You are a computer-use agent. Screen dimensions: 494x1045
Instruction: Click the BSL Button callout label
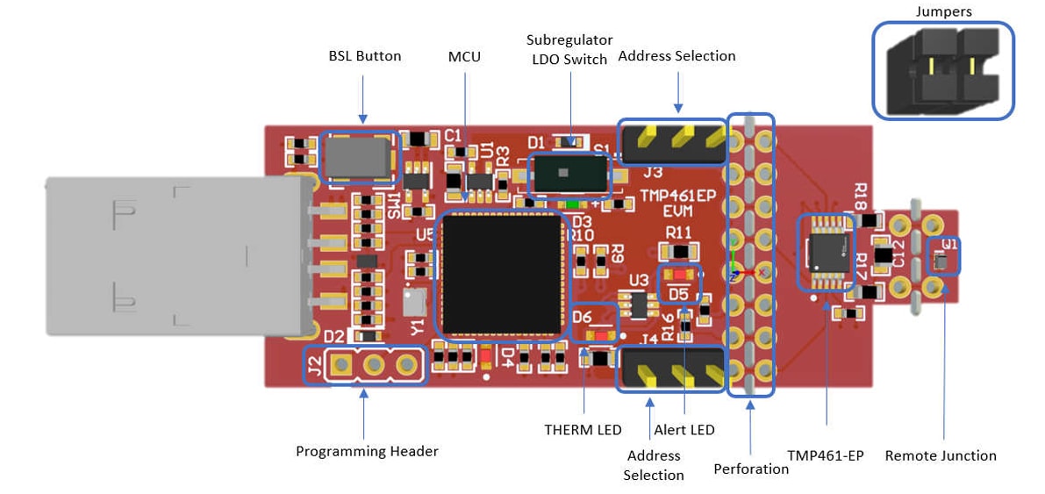[364, 56]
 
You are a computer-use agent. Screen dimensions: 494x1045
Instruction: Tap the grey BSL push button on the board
[358, 158]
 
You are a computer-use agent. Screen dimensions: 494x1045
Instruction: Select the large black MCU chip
[502, 275]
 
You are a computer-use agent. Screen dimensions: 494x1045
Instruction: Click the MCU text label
[464, 56]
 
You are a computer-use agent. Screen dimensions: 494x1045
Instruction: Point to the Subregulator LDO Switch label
[569, 49]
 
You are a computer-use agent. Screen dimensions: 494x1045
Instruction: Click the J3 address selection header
[673, 140]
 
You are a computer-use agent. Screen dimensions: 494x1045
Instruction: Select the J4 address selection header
[673, 369]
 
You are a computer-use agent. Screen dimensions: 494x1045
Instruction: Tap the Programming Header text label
[367, 451]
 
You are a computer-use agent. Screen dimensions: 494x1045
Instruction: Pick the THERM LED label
[583, 430]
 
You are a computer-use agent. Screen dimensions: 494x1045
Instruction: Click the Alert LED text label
[684, 430]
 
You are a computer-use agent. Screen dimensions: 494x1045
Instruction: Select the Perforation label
[751, 469]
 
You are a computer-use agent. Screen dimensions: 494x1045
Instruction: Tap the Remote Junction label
[941, 455]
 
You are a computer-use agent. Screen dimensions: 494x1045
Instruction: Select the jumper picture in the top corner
[942, 70]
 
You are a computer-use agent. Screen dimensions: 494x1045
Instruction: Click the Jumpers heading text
[942, 11]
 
